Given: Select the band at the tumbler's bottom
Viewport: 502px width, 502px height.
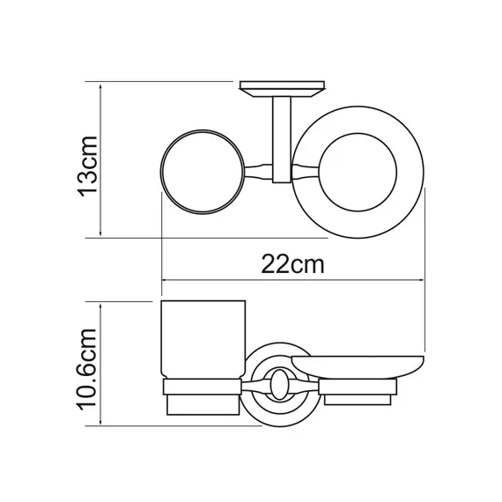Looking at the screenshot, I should pyautogui.click(x=203, y=387).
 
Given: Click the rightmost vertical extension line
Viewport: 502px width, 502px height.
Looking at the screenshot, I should pyautogui.click(x=426, y=264).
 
